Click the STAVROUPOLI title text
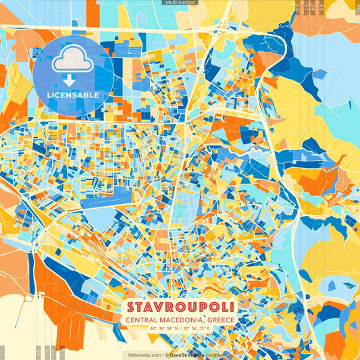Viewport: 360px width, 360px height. [x=180, y=307]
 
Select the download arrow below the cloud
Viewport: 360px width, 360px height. [x=73, y=80]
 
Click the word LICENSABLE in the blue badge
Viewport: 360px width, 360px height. [x=73, y=95]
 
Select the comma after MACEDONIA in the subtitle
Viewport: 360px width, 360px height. [x=203, y=322]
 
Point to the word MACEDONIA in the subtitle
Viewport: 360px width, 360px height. [x=178, y=320]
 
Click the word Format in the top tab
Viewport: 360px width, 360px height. [x=186, y=3]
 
